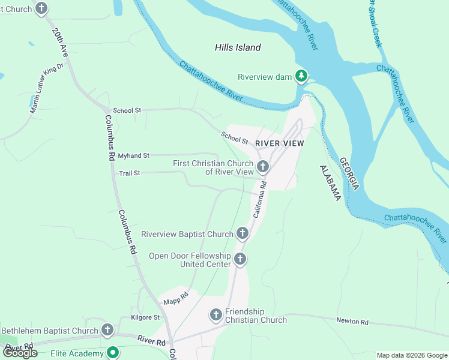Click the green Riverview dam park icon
point(301,76)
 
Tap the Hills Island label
point(238,47)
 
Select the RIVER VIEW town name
point(279,143)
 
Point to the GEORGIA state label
point(349,174)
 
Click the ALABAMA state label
point(330,183)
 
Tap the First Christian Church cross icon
point(262,166)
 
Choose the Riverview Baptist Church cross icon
point(242,233)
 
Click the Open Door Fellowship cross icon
point(240,259)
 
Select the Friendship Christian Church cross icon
point(216,314)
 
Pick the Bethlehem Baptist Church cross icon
point(107,329)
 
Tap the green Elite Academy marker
point(112,353)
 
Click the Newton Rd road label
point(352,322)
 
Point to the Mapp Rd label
point(176,295)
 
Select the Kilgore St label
point(145,317)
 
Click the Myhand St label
point(133,155)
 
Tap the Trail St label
point(129,173)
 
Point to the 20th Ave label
point(61,42)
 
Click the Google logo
point(20,353)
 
